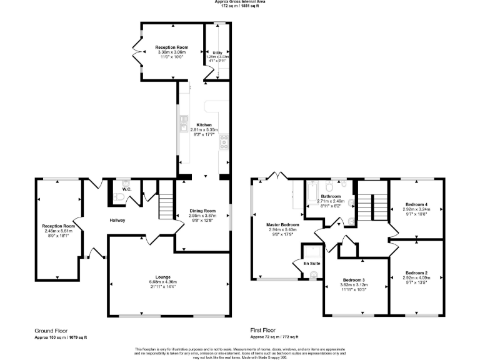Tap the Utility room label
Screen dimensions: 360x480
217,52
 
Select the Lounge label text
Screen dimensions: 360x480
163,276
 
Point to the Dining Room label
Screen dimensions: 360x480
202,211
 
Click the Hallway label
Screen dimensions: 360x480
118,220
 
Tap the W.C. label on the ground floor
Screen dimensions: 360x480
126,189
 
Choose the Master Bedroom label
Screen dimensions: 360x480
282,224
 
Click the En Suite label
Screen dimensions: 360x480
311,263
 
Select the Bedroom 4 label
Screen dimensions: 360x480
416,204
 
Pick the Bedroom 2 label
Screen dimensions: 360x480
416,272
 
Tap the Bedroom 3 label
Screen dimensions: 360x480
354,279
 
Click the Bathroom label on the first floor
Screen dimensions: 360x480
331,196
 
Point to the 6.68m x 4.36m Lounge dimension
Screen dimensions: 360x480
163,281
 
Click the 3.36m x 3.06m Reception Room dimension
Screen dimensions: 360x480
172,52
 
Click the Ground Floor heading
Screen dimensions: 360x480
51,331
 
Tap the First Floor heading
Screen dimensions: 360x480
263,331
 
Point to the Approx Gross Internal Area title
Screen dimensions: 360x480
240,2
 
